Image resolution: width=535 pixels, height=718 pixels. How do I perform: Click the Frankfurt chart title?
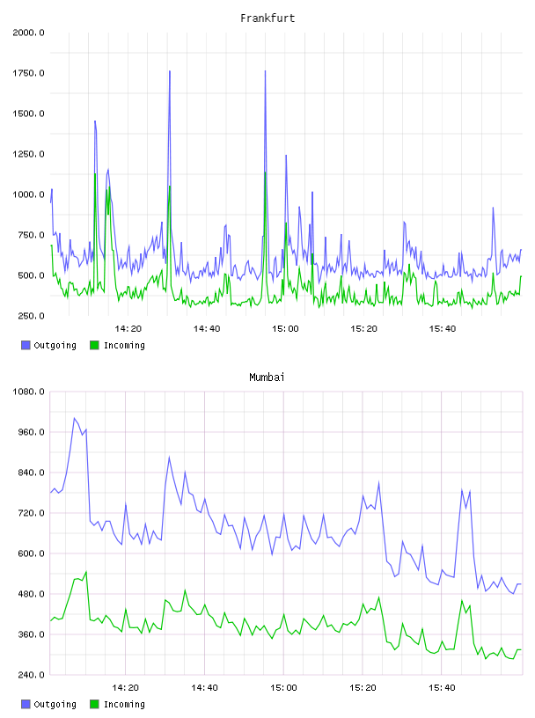coord(267,18)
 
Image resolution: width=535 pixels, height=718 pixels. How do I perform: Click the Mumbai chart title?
coord(267,377)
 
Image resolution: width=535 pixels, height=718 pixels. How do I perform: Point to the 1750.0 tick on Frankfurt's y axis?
coord(28,73)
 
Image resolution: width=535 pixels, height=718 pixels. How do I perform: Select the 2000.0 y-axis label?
coord(28,33)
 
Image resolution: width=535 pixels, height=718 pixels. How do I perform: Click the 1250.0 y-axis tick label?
coord(28,154)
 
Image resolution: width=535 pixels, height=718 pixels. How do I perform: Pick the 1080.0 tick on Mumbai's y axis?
coord(28,392)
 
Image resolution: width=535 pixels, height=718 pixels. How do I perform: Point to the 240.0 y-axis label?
coord(31,675)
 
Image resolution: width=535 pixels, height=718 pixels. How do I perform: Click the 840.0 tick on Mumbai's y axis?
coord(31,473)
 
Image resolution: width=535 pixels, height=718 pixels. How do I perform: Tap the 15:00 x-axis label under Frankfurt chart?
coord(285,329)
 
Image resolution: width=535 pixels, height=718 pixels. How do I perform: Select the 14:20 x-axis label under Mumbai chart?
coord(125,688)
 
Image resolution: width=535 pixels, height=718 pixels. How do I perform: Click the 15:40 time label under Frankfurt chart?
coord(442,329)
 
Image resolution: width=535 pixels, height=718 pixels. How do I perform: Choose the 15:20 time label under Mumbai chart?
coord(363,688)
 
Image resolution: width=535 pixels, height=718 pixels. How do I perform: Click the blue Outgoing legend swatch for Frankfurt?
coord(26,345)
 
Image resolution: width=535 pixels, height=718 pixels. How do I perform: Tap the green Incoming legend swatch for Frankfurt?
coord(94,345)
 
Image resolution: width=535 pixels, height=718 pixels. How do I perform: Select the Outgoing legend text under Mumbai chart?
coord(55,704)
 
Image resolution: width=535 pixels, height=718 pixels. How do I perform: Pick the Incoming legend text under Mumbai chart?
coord(124,704)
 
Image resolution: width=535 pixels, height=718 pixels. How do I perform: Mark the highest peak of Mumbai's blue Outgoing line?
coord(74,418)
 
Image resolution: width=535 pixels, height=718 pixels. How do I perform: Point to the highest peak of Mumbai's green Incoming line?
coord(86,571)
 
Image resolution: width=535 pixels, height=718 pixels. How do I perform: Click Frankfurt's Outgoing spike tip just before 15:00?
coord(265,71)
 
